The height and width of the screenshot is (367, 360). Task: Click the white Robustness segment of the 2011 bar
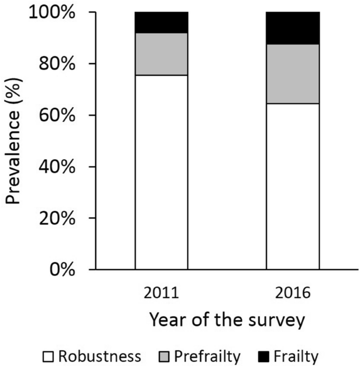pyautogui.click(x=161, y=172)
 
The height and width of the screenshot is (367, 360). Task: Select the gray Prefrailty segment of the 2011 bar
pyautogui.click(x=161, y=54)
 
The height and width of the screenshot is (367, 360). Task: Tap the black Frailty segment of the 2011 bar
pyautogui.click(x=161, y=23)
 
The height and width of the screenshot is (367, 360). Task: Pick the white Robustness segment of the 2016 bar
pyautogui.click(x=293, y=186)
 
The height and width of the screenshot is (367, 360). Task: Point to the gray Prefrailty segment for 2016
pyautogui.click(x=293, y=74)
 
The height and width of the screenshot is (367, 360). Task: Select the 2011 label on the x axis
pyautogui.click(x=161, y=293)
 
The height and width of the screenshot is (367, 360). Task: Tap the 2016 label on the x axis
pyautogui.click(x=293, y=293)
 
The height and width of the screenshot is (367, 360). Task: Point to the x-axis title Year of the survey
pyautogui.click(x=227, y=320)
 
